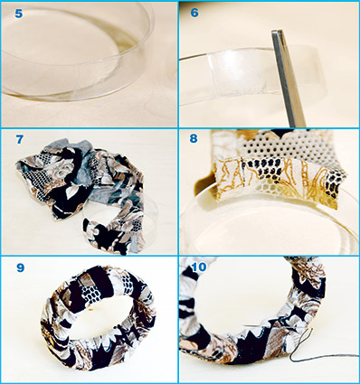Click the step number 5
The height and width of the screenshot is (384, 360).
19,14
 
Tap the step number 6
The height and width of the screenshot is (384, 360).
194,13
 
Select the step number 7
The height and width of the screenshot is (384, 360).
20,139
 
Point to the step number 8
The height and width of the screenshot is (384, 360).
194,138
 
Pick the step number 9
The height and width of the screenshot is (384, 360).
20,267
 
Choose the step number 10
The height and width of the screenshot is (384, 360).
198,267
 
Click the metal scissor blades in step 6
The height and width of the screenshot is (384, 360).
288,79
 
